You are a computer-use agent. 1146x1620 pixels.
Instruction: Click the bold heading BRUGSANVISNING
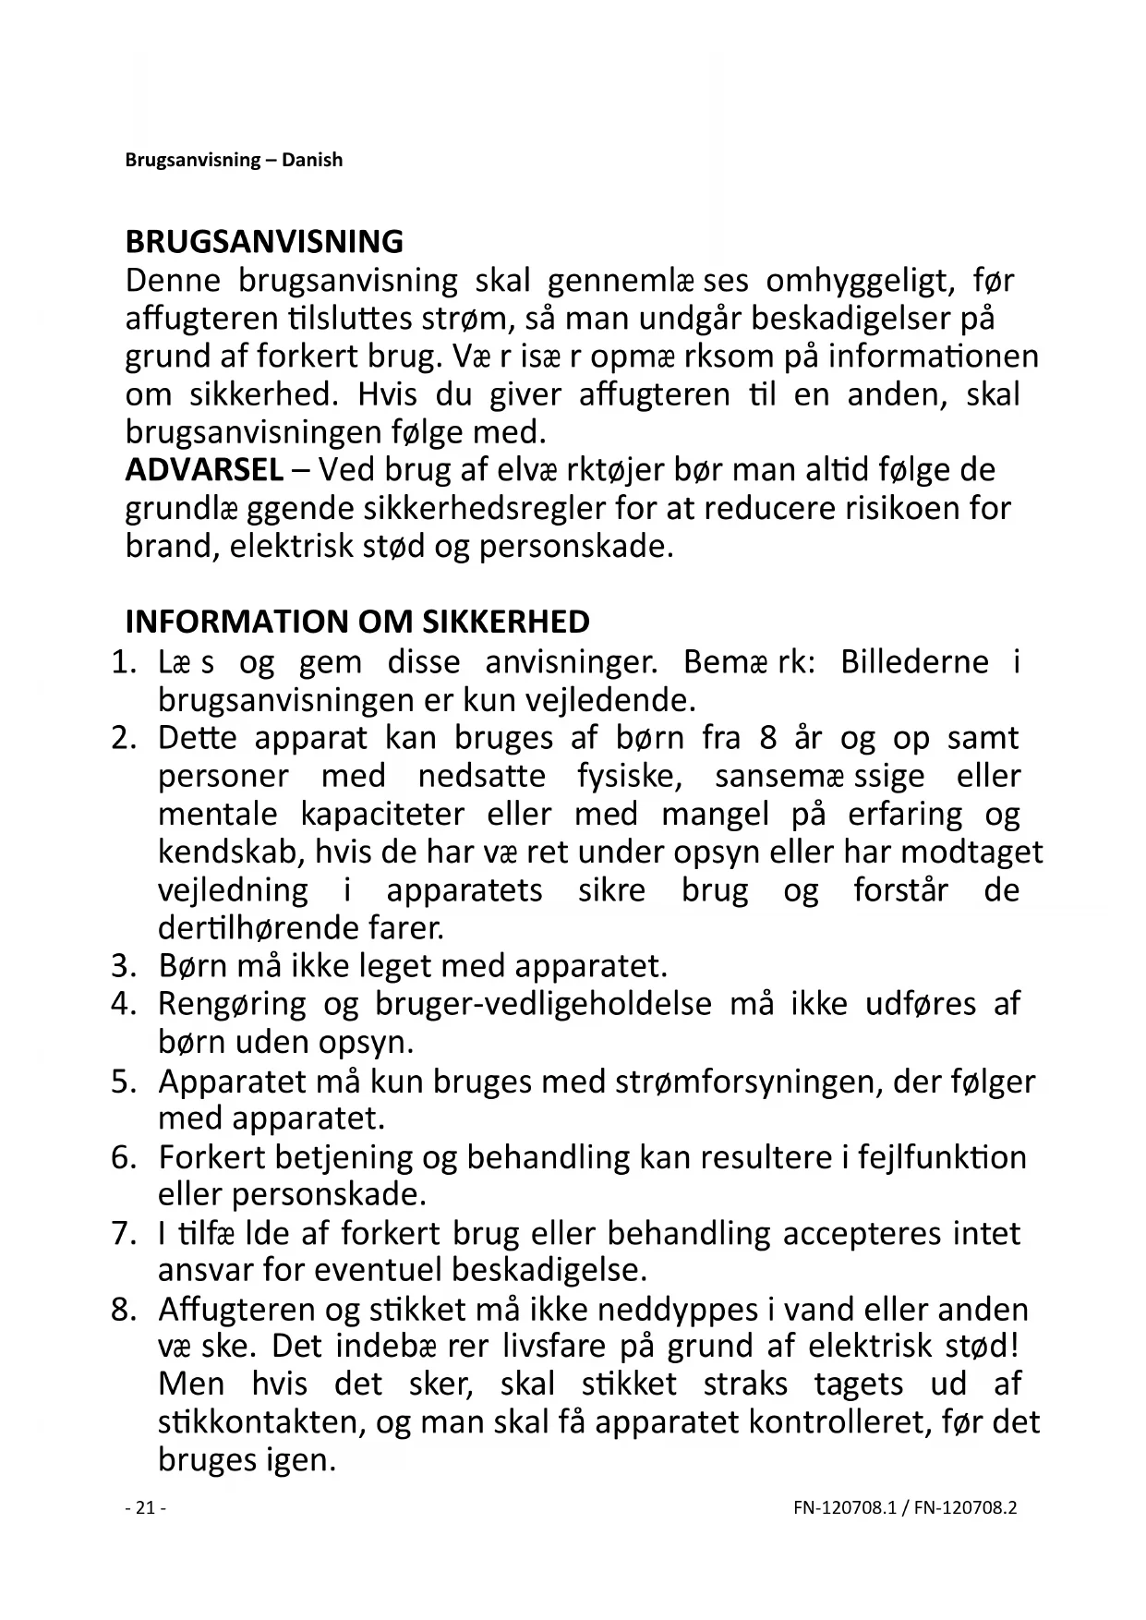[x=264, y=242]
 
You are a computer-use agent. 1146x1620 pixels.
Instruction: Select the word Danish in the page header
[x=312, y=160]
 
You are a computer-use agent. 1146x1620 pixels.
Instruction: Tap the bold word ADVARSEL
[x=204, y=470]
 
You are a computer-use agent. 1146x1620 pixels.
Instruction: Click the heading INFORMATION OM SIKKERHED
[x=356, y=622]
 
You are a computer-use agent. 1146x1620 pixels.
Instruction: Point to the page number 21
[x=145, y=1508]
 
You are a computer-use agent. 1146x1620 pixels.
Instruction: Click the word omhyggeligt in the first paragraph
[x=859, y=281]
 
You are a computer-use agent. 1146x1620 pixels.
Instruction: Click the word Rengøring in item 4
[x=231, y=1005]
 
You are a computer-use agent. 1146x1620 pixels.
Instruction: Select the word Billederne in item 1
[x=914, y=662]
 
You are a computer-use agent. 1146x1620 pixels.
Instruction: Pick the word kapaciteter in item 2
[x=382, y=815]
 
